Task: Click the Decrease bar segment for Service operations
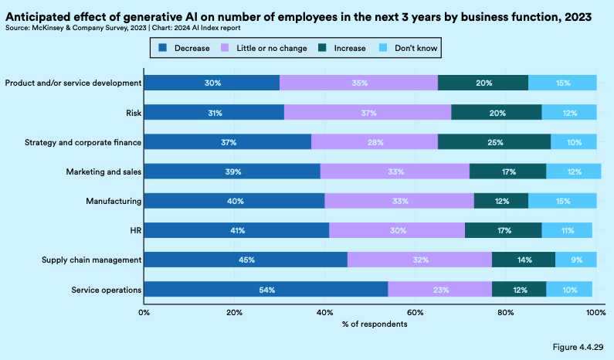266,289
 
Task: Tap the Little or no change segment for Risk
368,113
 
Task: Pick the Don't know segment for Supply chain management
575,260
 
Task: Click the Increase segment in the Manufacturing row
500,201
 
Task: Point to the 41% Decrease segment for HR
236,230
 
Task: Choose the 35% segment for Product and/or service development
358,83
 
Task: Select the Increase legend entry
343,49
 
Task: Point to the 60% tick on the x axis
416,312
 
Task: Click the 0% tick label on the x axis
144,312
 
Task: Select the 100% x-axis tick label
595,312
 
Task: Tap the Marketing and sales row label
104,172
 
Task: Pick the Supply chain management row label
90,260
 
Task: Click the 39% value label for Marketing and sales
232,172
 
